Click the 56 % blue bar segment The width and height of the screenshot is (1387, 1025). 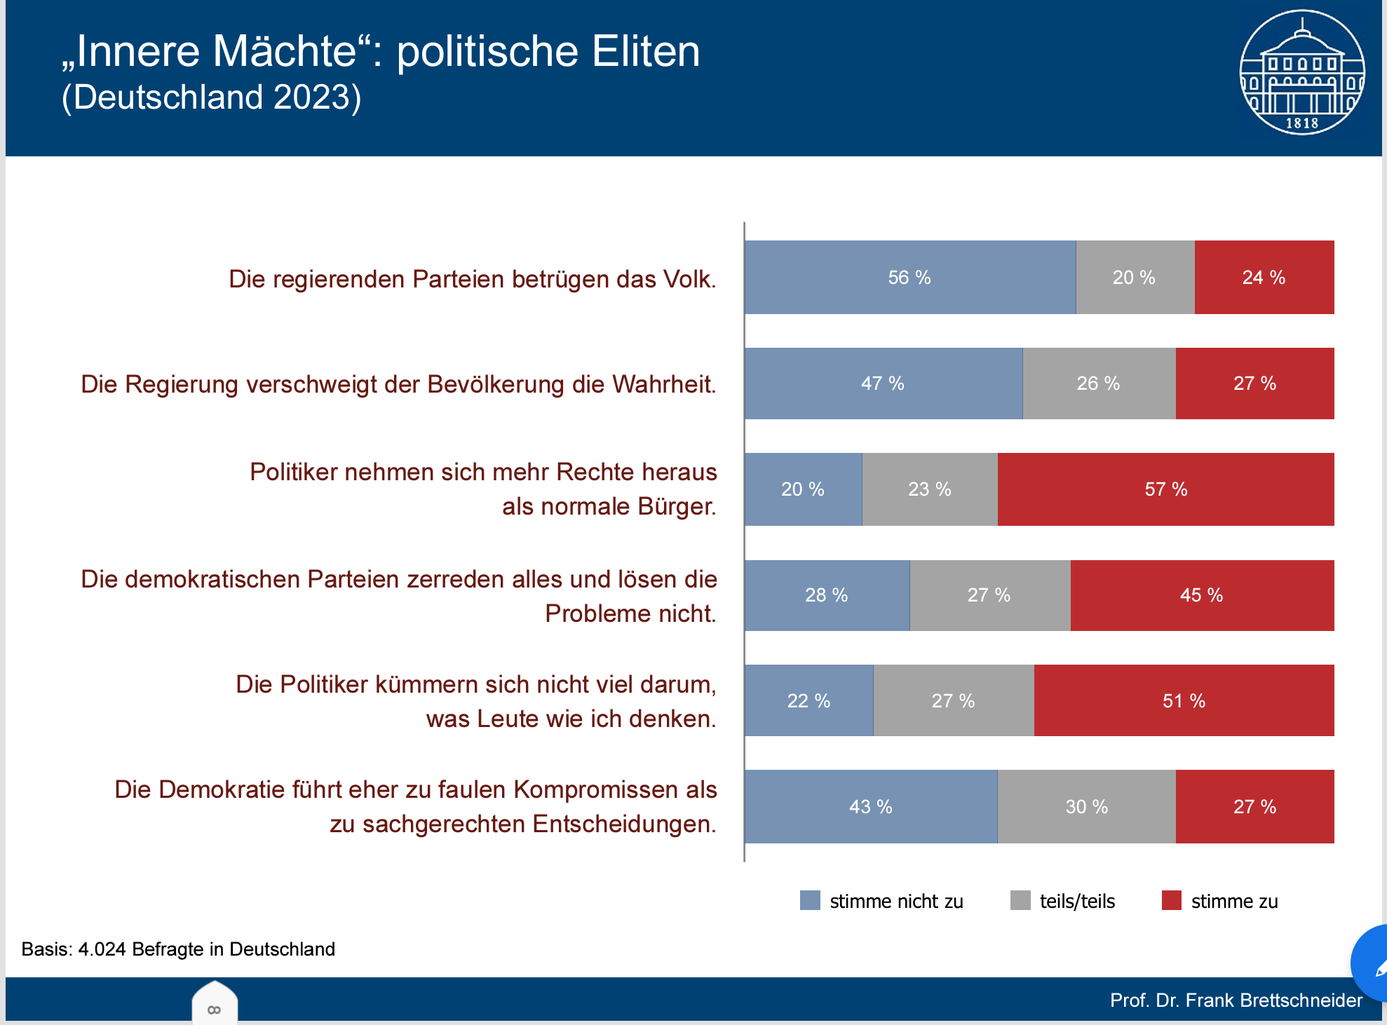[x=909, y=278]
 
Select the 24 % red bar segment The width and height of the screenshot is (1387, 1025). [x=1264, y=278]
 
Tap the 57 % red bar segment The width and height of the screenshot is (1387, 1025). [x=1165, y=489]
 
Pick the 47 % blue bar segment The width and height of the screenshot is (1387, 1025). [x=883, y=383]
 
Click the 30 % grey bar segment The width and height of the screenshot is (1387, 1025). [x=1086, y=807]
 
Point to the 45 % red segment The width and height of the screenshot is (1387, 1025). [x=1201, y=595]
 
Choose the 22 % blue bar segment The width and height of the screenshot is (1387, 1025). [x=808, y=701]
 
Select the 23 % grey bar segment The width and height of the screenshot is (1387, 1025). [x=929, y=489]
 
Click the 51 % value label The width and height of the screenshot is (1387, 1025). [x=1184, y=701]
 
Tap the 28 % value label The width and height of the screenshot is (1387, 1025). [x=826, y=595]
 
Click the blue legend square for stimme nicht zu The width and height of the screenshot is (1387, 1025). [x=810, y=900]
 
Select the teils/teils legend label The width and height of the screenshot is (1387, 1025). [x=1077, y=902]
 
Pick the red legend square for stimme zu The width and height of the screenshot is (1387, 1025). [x=1171, y=900]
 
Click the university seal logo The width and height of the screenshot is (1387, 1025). [x=1302, y=72]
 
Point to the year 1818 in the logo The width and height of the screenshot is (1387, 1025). [x=1302, y=123]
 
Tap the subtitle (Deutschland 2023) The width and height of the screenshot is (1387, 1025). [x=211, y=97]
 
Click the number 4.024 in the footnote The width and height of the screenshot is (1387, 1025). [x=102, y=949]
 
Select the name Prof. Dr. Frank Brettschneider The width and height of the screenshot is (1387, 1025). [x=1236, y=1000]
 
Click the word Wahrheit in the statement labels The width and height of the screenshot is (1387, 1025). [x=663, y=385]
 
